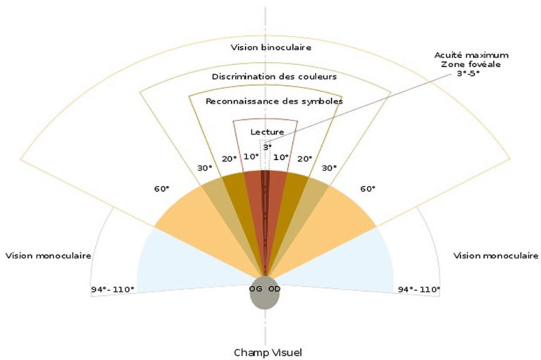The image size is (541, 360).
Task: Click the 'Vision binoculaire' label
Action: tap(270, 47)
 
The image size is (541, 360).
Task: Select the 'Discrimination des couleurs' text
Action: tap(274, 76)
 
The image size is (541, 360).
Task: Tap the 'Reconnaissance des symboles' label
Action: tap(274, 101)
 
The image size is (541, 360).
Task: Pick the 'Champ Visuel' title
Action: tap(268, 352)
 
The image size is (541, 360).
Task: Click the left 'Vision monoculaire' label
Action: tap(49, 256)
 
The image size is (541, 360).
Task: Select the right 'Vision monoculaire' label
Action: tap(495, 256)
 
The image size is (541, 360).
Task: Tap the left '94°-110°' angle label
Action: tap(113, 290)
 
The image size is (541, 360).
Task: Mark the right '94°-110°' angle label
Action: tap(419, 290)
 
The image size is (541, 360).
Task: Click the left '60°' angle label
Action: tap(162, 189)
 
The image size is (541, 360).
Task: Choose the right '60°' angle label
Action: tap(368, 189)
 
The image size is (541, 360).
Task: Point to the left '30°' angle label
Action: tap(204, 168)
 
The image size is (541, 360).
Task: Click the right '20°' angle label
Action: tap(304, 159)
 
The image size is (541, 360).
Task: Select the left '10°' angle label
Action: tap(251, 156)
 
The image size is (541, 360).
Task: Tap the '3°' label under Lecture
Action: tap(268, 147)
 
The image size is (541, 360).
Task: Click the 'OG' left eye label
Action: tap(256, 289)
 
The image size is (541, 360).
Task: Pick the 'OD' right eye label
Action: tap(274, 289)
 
